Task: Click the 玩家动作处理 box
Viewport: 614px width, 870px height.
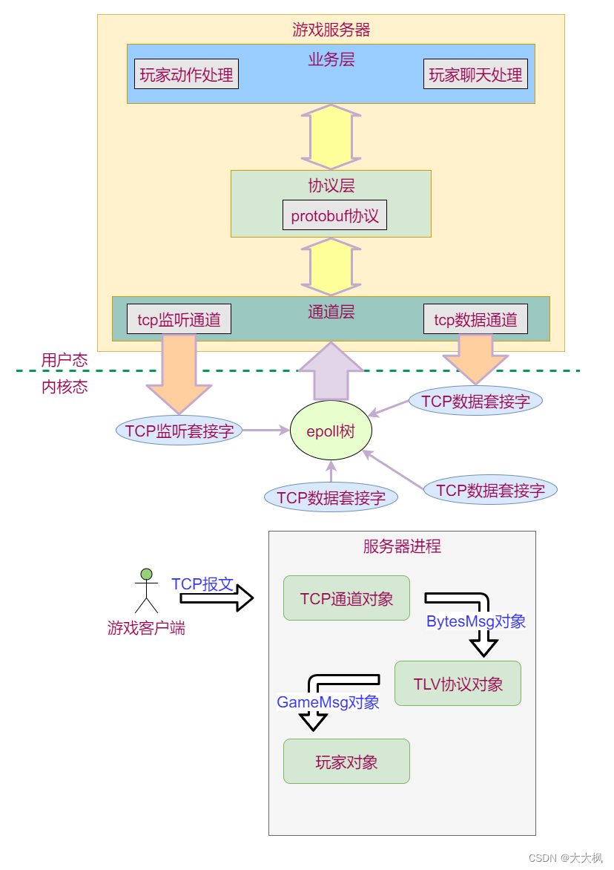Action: pos(186,74)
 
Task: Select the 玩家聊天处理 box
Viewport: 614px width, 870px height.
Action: pos(475,74)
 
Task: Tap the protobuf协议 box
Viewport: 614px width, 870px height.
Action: pos(334,215)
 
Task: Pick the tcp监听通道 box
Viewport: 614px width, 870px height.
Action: pos(179,319)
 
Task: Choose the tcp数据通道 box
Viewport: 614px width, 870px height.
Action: pos(475,319)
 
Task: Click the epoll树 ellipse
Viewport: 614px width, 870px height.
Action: pos(331,431)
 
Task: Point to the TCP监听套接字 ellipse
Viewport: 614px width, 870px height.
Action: pos(179,431)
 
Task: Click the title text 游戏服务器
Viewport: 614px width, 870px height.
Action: pos(331,30)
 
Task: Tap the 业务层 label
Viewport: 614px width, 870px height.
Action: pos(331,59)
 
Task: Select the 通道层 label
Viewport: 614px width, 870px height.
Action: pos(331,312)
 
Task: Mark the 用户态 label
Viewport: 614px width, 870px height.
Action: pos(65,360)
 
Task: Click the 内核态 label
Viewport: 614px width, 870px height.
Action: pos(65,387)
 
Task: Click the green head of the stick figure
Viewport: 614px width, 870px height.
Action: pos(147,574)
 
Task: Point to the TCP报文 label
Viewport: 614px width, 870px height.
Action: pos(202,583)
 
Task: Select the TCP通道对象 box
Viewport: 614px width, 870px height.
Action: pos(346,598)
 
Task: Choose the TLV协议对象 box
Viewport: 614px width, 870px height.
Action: pos(458,684)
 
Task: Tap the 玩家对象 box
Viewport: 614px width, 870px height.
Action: pos(346,762)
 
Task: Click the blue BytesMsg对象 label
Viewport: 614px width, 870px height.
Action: pos(475,621)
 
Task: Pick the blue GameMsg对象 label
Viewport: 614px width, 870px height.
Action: pos(328,701)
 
